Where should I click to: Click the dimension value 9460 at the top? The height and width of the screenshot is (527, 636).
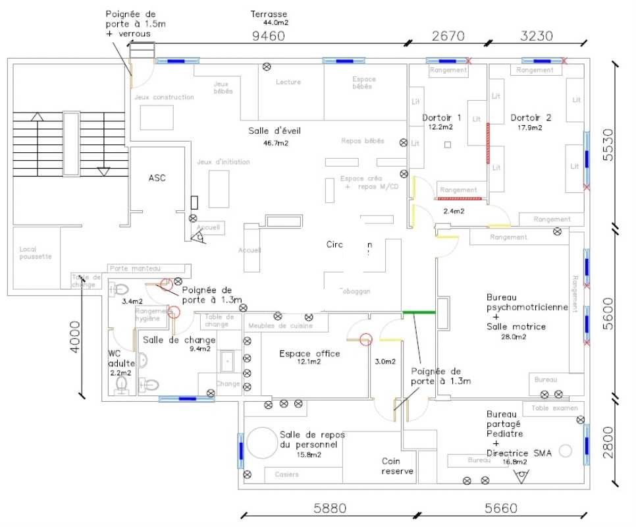[x=268, y=36]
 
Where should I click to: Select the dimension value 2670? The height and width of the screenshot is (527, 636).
[x=449, y=36]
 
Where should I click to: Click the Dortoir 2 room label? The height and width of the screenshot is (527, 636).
[x=531, y=118]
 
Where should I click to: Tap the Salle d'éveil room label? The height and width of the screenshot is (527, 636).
[x=275, y=130]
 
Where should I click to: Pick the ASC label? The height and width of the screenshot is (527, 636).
[x=157, y=178]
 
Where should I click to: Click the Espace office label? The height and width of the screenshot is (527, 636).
[x=309, y=354]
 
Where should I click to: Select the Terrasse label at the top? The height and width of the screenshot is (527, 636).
[x=269, y=14]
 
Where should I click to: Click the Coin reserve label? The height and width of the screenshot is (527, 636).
[x=397, y=466]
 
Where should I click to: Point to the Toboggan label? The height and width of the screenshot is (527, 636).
[x=355, y=291]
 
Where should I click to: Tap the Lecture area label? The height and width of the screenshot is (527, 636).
[x=288, y=82]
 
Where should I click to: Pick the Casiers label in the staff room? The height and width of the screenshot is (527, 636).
[x=287, y=474]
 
